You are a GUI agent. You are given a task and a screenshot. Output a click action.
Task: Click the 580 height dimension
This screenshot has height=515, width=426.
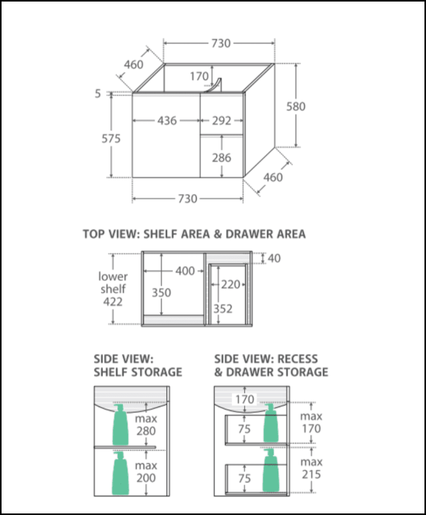coord(296,107)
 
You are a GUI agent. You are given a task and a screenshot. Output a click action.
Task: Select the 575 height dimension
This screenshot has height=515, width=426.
coord(111,139)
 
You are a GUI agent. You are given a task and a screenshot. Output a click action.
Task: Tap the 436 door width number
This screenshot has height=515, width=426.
coord(167,121)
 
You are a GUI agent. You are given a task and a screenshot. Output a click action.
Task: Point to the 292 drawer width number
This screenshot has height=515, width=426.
coord(221,121)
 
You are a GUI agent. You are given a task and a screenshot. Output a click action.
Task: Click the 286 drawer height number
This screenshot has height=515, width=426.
coord(221,158)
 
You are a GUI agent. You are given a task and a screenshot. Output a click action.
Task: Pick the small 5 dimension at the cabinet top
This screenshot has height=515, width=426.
coord(98,94)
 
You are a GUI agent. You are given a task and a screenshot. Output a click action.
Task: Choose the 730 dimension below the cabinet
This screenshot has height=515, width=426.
coord(188,199)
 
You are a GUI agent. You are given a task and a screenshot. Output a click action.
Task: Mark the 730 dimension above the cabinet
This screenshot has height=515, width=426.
coord(220,44)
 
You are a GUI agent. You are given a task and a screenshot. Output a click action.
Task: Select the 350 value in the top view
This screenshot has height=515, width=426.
coord(161,293)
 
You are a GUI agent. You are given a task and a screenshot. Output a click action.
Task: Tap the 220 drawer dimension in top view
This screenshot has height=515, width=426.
coord(231,284)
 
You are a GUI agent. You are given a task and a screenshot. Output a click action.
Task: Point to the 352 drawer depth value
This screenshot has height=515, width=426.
coord(223,309)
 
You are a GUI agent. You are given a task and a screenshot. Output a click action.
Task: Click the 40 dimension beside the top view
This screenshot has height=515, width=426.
coord(274,258)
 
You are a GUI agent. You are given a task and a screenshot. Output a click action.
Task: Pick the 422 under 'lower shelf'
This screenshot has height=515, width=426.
coord(113,302)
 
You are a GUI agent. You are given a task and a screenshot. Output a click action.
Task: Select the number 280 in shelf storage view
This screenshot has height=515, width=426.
coord(146,431)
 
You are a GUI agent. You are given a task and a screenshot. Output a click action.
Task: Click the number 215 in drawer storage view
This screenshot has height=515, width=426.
coord(312,475)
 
